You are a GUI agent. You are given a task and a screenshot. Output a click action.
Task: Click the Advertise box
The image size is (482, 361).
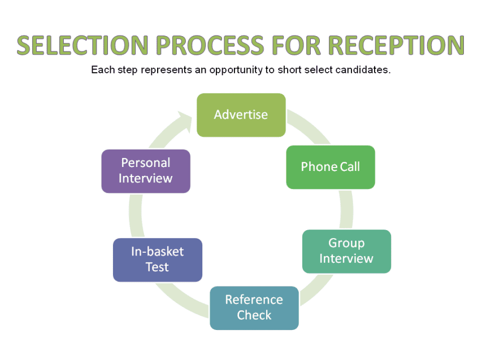[241, 115]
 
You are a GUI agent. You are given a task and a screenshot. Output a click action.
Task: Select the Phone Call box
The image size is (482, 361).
[330, 167]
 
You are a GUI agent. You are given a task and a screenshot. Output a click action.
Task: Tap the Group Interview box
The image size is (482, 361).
[346, 251]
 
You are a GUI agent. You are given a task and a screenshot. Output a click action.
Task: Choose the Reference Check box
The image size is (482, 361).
[254, 308]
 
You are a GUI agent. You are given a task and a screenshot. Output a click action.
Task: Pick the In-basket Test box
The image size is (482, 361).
[157, 259]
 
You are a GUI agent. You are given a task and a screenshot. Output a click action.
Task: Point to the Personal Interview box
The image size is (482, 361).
[145, 171]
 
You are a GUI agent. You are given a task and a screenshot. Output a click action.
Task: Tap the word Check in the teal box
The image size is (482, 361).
[254, 315]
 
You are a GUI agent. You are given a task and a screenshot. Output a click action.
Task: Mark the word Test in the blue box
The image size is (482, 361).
[157, 267]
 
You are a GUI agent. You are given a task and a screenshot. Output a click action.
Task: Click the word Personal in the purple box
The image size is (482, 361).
[145, 163]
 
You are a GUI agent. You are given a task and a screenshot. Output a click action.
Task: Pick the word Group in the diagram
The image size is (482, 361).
[346, 243]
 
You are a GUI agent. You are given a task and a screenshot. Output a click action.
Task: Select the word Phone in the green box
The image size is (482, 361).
[319, 167]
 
